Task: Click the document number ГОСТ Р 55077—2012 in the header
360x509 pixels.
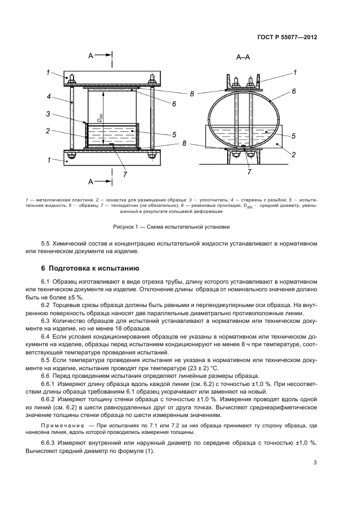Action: point(286,38)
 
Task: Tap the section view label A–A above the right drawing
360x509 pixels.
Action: point(243,57)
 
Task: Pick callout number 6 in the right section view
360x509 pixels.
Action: point(294,92)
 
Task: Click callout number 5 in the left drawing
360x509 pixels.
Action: point(173,134)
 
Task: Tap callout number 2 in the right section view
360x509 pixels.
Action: point(294,155)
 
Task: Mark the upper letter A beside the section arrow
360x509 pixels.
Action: point(90,55)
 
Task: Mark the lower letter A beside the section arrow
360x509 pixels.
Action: point(90,181)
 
